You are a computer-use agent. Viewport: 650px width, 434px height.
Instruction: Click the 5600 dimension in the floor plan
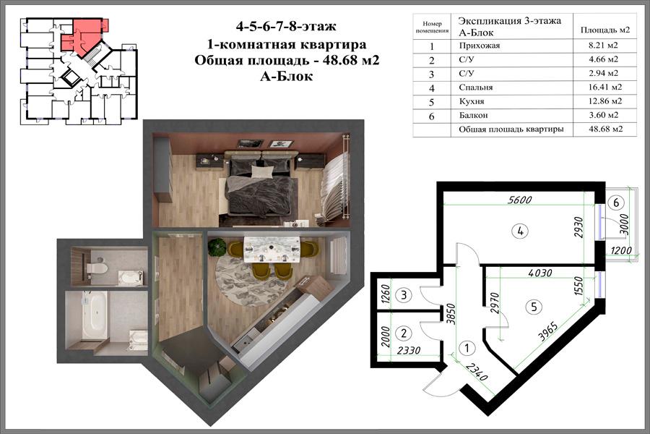click(520, 200)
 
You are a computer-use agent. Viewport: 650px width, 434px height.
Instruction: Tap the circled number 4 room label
click(520, 231)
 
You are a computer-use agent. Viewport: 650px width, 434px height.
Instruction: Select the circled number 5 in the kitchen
click(534, 307)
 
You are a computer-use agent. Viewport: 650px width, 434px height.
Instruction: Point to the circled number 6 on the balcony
click(616, 203)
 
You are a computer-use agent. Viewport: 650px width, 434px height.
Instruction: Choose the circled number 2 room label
click(403, 333)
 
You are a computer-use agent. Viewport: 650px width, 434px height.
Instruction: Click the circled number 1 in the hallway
click(467, 347)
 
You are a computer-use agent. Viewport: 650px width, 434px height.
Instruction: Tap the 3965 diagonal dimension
click(550, 331)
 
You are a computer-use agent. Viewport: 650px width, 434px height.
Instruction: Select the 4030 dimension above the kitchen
click(540, 273)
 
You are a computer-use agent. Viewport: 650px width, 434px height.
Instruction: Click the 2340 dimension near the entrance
click(477, 371)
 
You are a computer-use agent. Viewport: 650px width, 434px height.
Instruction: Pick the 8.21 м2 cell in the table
click(603, 46)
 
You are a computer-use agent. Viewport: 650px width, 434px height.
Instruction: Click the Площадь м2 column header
click(604, 30)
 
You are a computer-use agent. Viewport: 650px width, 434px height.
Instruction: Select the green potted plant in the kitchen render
click(216, 247)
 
